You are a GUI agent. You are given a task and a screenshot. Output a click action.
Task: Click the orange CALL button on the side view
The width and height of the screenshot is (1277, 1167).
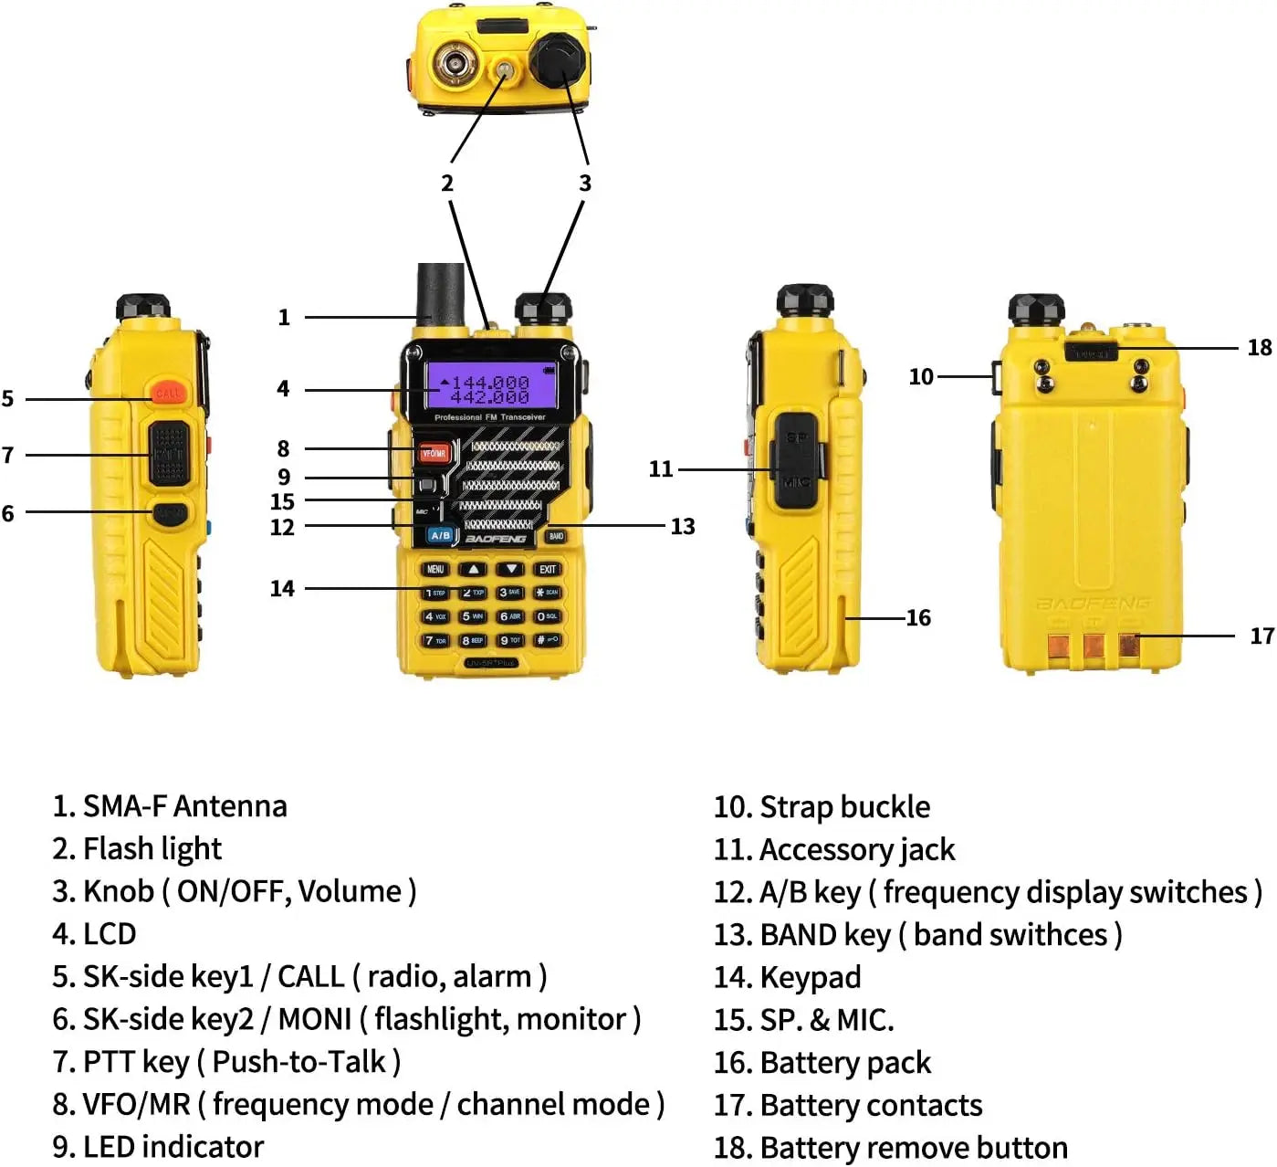pos(168,393)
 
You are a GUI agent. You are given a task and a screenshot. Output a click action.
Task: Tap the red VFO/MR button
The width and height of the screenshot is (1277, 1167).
pos(434,453)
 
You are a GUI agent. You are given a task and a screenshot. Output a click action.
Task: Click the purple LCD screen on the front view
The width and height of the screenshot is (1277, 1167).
pos(490,385)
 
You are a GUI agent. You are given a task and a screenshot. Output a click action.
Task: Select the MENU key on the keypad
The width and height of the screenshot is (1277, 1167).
pos(435,569)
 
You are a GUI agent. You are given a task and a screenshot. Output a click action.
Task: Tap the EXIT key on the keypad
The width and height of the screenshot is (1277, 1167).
pos(547,569)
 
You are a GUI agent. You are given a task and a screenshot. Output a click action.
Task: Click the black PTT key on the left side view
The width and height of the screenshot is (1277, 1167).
pos(169,452)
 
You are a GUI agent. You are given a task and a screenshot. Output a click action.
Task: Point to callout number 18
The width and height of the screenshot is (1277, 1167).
pos(1259,347)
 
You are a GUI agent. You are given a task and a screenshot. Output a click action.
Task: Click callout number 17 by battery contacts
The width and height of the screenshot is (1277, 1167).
pos(1261,636)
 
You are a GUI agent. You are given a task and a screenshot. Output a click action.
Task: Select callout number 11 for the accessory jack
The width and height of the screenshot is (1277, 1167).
pos(660,468)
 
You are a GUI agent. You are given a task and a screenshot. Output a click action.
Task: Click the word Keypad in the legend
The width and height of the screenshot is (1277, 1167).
pos(810,977)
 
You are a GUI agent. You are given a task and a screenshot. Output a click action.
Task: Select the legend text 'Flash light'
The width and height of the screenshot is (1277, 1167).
pos(152,848)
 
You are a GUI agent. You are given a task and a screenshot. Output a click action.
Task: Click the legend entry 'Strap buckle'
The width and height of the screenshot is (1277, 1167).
pos(844,806)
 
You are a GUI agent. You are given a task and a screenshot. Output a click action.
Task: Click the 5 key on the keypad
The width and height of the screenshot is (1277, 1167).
pos(472,616)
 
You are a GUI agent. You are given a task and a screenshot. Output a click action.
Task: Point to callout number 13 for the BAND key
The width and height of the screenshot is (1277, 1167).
pos(682,526)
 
